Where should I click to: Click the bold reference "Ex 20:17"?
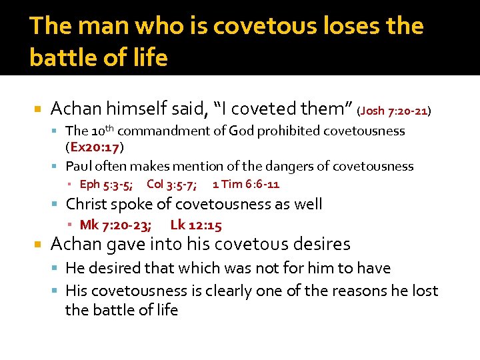(x=95, y=146)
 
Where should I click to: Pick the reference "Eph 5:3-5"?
(x=109, y=184)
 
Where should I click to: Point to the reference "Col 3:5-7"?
(x=171, y=184)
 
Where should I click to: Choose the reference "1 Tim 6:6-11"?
(x=246, y=184)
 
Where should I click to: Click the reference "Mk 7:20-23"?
(x=115, y=225)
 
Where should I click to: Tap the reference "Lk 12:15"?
(x=196, y=225)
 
